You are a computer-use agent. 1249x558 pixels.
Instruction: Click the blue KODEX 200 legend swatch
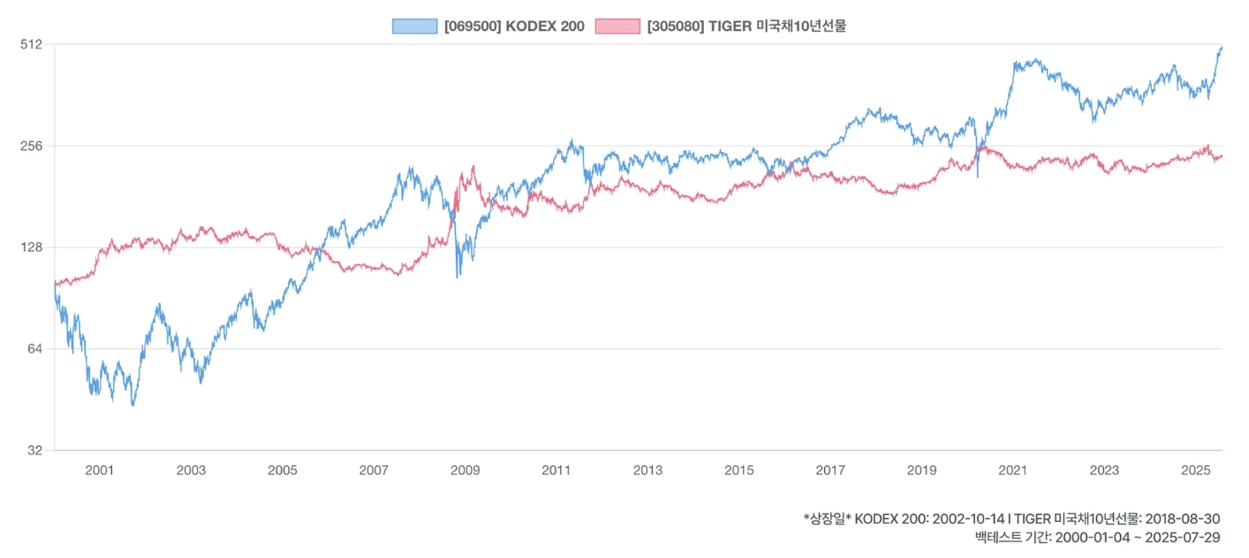[x=414, y=26]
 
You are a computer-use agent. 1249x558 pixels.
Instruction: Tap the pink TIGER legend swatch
[x=617, y=26]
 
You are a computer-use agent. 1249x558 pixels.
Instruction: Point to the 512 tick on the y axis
[x=32, y=44]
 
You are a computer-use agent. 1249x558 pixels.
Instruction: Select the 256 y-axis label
[x=32, y=146]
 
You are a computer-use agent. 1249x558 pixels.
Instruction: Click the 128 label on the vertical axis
[x=32, y=247]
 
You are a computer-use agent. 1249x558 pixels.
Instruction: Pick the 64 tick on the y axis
[x=35, y=349]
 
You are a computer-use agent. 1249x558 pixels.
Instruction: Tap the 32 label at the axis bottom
[x=35, y=450]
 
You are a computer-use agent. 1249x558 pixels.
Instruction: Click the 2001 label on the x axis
[x=99, y=471]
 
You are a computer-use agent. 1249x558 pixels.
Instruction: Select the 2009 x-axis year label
[x=465, y=471]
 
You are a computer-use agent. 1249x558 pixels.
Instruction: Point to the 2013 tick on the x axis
[x=647, y=471]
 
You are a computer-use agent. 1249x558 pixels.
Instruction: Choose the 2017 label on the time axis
[x=830, y=471]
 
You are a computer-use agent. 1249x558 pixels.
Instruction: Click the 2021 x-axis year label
[x=1013, y=471]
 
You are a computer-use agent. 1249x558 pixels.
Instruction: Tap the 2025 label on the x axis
[x=1196, y=471]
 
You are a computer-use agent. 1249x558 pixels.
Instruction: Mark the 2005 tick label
[x=282, y=471]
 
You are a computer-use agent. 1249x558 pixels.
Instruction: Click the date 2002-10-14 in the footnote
[x=968, y=519]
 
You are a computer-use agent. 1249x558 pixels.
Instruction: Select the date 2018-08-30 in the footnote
[x=1181, y=519]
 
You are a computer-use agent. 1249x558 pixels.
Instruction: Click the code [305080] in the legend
[x=676, y=26]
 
